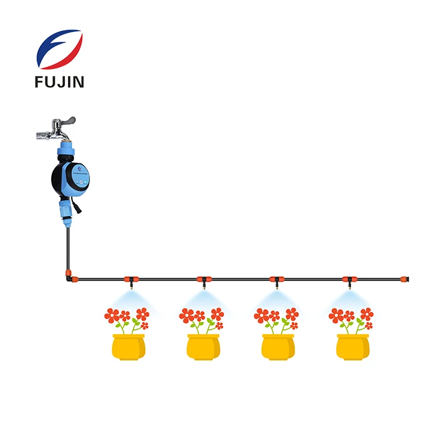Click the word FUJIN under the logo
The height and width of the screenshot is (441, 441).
pos(60,81)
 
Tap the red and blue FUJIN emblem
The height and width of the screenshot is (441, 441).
pos(59,49)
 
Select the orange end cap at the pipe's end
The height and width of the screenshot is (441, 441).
pos(405,278)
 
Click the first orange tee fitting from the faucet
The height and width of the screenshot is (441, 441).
pos(129,278)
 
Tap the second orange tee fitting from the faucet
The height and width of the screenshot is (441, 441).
pos(203,278)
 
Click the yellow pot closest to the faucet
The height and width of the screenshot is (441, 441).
pos(128,346)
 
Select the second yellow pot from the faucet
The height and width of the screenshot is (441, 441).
pos(203,346)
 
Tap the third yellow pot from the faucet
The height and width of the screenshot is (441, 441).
pos(278,346)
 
